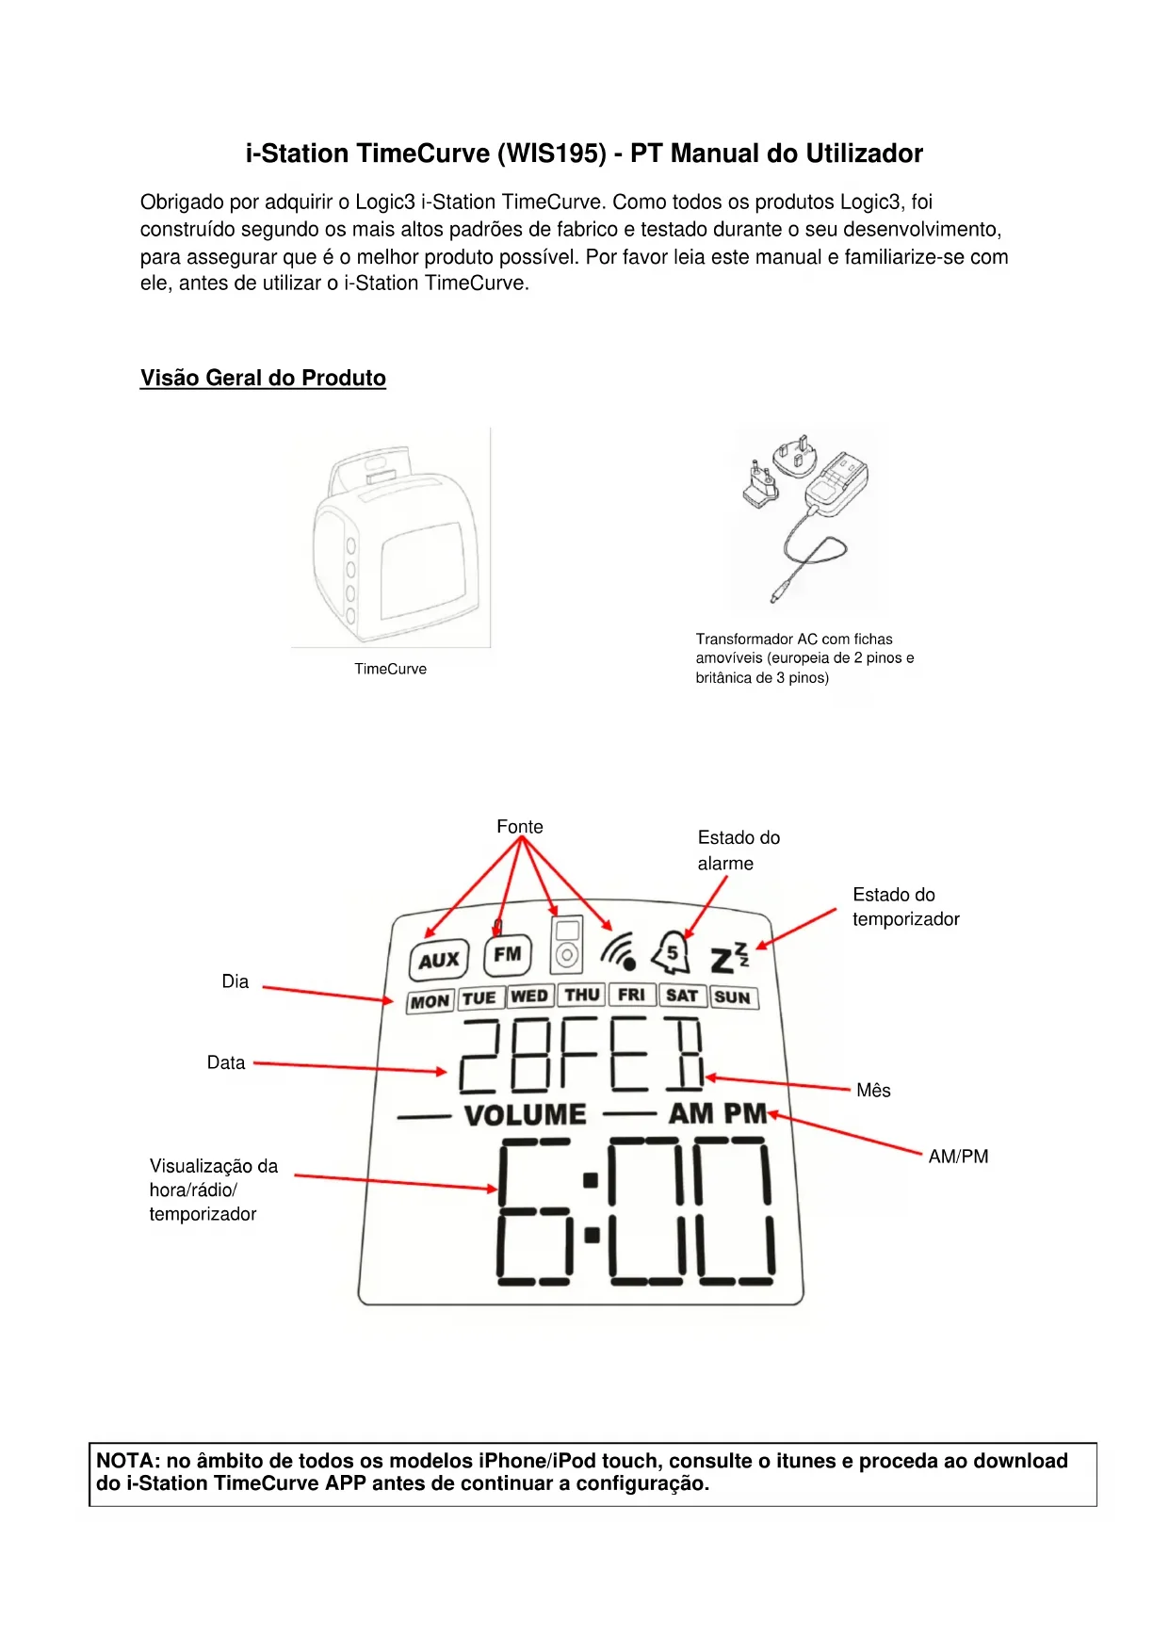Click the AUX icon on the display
coord(439,960)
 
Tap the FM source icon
coord(508,954)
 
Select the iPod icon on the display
coord(566,945)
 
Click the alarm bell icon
coord(672,953)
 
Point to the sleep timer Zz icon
coord(729,958)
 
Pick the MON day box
coord(430,1001)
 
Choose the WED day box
coord(529,996)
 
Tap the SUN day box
coord(732,997)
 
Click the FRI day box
coord(631,996)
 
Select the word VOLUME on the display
coord(525,1115)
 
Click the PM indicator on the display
coord(745,1113)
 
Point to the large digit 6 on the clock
coord(534,1211)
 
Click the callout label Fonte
coord(520,827)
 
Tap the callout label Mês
coord(873,1091)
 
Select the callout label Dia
coord(235,981)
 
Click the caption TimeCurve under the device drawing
coord(390,669)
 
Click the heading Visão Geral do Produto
coord(263,378)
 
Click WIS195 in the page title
coord(551,154)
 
